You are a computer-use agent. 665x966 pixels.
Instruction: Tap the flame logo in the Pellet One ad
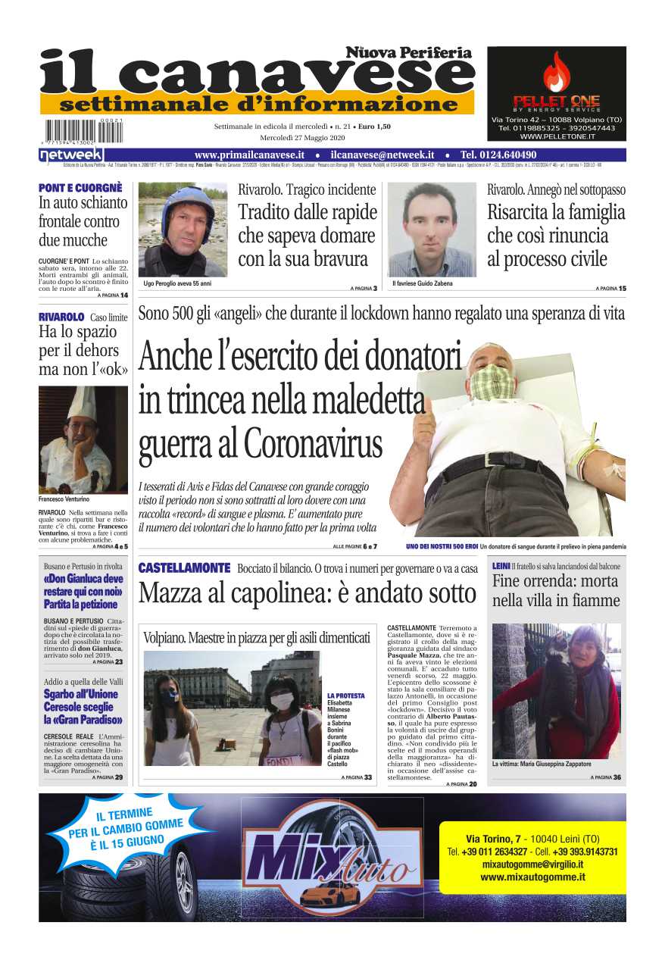556,73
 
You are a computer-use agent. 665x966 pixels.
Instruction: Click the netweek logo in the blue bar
61,155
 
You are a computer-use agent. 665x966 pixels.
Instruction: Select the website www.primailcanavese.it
249,155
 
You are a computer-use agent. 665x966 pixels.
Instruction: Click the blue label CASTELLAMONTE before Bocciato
184,567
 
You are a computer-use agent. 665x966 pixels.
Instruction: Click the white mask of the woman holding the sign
281,702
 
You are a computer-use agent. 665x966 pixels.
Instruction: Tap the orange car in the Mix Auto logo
329,895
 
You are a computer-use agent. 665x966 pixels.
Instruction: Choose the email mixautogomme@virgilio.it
532,864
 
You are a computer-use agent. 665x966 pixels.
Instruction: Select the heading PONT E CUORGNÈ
80,188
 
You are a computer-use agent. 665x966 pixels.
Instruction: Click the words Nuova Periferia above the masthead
408,52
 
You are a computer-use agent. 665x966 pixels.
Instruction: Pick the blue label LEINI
501,566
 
